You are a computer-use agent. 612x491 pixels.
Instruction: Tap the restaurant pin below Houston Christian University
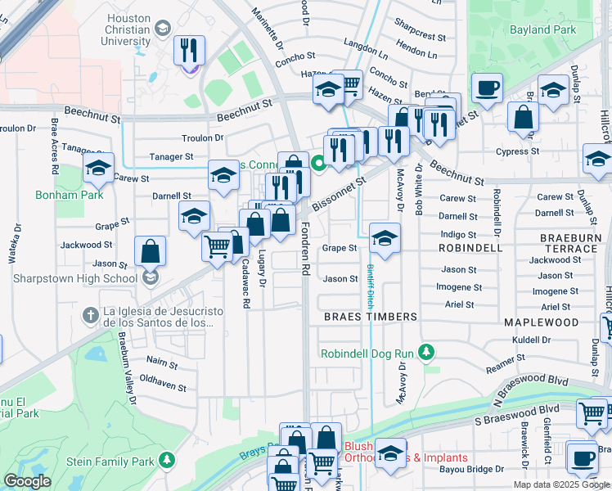point(188,51)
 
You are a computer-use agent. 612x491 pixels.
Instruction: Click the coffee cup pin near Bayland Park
point(487,88)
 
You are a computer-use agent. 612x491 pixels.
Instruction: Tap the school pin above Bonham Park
point(99,169)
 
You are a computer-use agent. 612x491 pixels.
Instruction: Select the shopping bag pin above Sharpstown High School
point(151,250)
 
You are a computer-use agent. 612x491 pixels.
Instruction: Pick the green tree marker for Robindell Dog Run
point(425,352)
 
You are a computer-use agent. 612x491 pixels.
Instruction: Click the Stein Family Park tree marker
point(167,462)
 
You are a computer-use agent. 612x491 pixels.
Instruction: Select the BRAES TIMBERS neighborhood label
point(370,316)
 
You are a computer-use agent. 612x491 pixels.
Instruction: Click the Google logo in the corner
point(26,481)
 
